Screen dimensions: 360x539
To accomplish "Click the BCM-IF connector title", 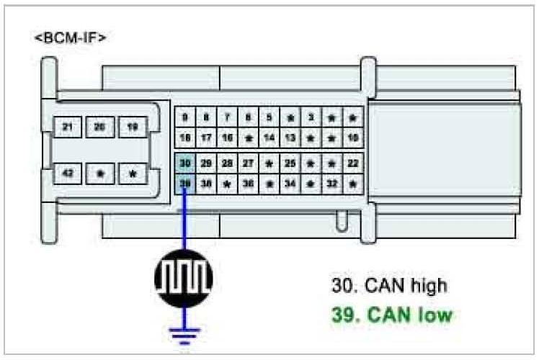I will click(x=70, y=37).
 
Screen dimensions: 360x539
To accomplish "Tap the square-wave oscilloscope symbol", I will click(x=184, y=275).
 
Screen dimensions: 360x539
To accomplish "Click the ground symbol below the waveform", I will click(x=184, y=333).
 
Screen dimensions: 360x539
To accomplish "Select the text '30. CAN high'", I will click(x=389, y=285).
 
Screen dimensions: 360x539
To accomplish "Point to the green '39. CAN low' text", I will click(x=392, y=315).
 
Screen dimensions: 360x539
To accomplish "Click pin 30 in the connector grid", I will click(x=185, y=163).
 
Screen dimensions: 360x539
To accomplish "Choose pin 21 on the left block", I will click(x=67, y=128).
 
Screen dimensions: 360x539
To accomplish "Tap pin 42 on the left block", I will click(x=67, y=174).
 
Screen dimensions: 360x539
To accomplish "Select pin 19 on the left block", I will click(x=132, y=128).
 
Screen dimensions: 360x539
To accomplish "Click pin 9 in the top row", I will click(x=185, y=117).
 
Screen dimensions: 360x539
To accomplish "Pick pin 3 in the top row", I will click(x=311, y=117).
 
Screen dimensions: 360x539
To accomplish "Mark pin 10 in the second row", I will click(x=352, y=137).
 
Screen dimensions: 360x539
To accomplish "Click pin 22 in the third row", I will click(x=352, y=163).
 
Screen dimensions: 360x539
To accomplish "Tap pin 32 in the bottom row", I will click(x=331, y=184).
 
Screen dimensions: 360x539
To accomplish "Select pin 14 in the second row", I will click(x=269, y=137).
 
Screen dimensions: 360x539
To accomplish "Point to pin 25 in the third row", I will click(x=290, y=163).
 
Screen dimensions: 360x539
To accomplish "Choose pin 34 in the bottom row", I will click(x=290, y=184).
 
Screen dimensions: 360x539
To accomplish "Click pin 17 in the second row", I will click(x=206, y=137).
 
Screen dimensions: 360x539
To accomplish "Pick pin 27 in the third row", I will click(x=248, y=163).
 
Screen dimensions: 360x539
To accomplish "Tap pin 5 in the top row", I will click(x=269, y=117).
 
